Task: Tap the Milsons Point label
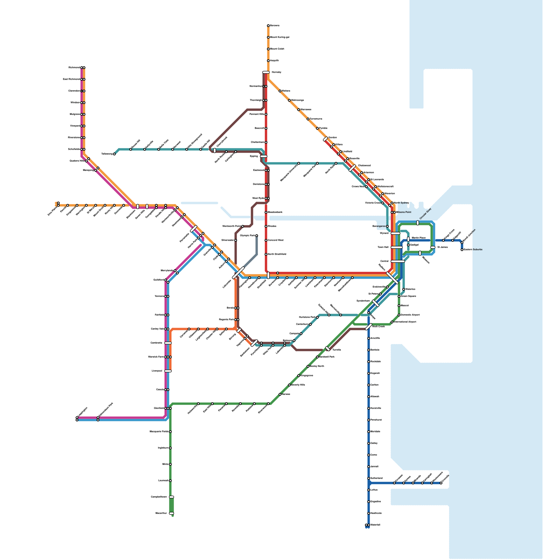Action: click(x=404, y=212)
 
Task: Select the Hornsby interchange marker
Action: click(x=266, y=72)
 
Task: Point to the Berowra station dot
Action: click(x=268, y=26)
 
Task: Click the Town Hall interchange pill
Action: click(x=397, y=247)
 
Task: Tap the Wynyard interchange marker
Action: click(x=395, y=233)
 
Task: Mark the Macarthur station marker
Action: click(x=171, y=513)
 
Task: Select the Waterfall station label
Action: click(x=375, y=525)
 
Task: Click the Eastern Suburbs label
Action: click(x=473, y=250)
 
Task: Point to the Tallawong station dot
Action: click(x=114, y=154)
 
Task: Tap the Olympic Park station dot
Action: click(x=257, y=236)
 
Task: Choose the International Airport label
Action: click(x=405, y=322)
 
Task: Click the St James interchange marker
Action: click(x=433, y=247)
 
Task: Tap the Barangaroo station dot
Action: click(x=387, y=226)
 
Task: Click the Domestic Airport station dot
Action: click(x=399, y=315)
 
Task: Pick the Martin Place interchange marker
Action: click(x=408, y=239)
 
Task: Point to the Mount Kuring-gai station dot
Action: click(x=268, y=37)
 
